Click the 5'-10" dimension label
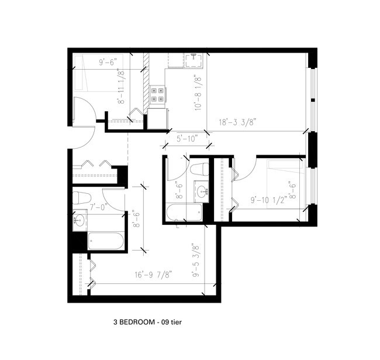point(186,138)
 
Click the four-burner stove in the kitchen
point(157,94)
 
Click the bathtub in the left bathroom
point(106,241)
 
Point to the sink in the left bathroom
point(80,221)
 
